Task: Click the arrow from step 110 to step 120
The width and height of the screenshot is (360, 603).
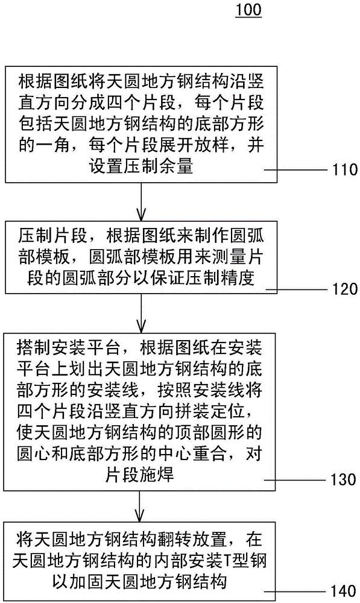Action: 141,202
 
